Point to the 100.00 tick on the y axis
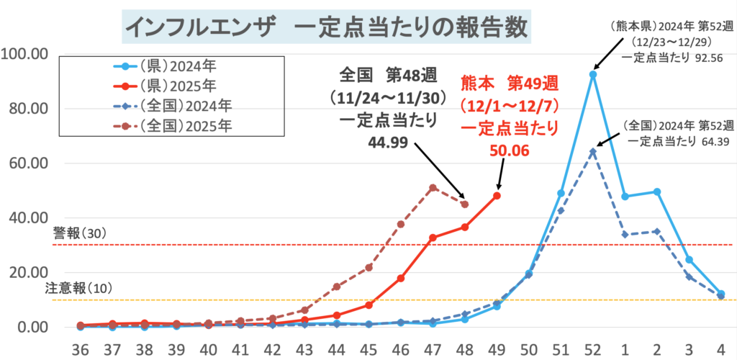pos(24,54)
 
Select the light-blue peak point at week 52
pos(593,74)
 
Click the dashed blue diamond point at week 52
pos(593,152)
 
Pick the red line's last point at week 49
pos(497,195)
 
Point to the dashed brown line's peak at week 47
pos(433,188)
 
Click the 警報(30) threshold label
pos(79,234)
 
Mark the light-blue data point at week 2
pos(657,192)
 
